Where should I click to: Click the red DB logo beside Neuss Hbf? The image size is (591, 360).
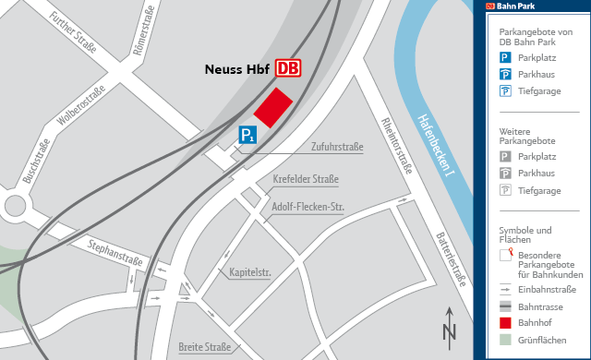click(288, 68)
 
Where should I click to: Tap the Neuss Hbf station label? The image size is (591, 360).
click(236, 69)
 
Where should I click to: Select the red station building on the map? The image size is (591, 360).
click(273, 108)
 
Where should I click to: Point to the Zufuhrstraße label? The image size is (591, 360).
click(337, 148)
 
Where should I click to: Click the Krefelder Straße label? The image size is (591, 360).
click(307, 179)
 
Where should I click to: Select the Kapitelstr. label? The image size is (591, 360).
click(249, 272)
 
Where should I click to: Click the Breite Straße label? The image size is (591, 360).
click(205, 347)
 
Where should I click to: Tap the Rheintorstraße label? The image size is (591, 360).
click(396, 147)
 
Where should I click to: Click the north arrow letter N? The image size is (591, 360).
click(450, 332)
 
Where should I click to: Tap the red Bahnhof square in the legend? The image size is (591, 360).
click(505, 322)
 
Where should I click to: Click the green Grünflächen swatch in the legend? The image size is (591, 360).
click(505, 339)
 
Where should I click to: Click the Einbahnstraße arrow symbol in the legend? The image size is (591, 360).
click(505, 289)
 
